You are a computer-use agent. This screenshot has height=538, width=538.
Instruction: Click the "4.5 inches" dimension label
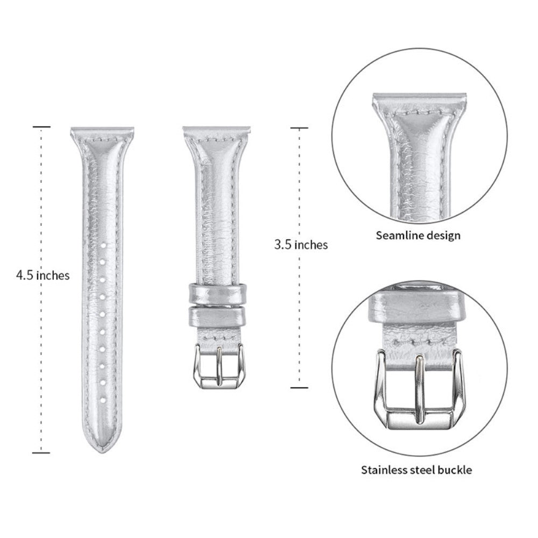(x=43, y=275)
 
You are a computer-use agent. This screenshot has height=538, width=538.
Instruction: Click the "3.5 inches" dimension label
(x=301, y=245)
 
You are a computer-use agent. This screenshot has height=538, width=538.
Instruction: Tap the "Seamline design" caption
(x=418, y=236)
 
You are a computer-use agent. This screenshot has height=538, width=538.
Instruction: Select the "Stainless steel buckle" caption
(x=416, y=469)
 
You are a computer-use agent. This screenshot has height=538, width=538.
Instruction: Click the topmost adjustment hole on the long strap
(x=103, y=245)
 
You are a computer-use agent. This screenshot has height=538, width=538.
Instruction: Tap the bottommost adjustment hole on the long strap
(x=103, y=399)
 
